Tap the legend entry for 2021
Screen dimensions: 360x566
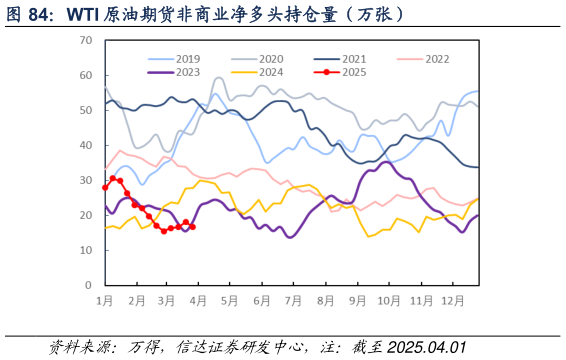coord(346,59)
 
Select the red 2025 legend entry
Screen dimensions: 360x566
coord(346,72)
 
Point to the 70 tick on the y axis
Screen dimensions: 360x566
coord(85,41)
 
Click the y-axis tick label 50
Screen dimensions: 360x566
coord(85,110)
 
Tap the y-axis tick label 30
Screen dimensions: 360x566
coord(85,180)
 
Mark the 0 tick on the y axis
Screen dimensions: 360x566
coord(88,285)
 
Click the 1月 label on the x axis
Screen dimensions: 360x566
coord(104,300)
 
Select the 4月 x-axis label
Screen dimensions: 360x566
coord(198,300)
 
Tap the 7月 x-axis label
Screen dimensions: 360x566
coord(293,300)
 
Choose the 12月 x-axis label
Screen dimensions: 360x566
coord(452,300)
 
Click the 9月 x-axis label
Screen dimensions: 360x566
coord(357,300)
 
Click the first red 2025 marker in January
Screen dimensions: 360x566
coord(105,187)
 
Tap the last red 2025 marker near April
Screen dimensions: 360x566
coord(192,227)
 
